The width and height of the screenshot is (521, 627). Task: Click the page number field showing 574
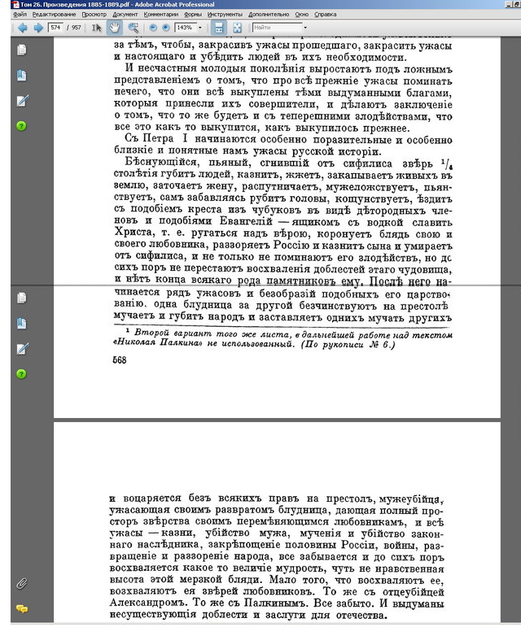pyautogui.click(x=55, y=28)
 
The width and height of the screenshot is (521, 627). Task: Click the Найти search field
pyautogui.click(x=277, y=28)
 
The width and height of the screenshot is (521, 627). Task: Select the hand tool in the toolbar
pyautogui.click(x=114, y=28)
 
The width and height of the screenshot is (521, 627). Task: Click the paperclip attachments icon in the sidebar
pyautogui.click(x=22, y=583)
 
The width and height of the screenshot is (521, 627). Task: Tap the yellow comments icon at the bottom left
pyautogui.click(x=22, y=608)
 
